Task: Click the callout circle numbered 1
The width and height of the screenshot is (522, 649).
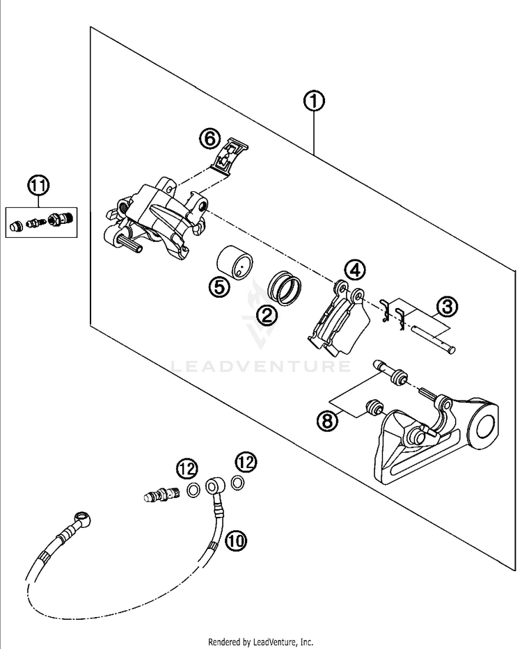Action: click(x=315, y=102)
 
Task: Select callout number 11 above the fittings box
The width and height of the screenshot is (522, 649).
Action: click(x=40, y=186)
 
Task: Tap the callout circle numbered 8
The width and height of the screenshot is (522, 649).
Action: click(x=326, y=420)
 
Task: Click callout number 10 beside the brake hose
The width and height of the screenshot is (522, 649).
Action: click(x=236, y=539)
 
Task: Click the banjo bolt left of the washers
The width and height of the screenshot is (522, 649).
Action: click(x=163, y=495)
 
